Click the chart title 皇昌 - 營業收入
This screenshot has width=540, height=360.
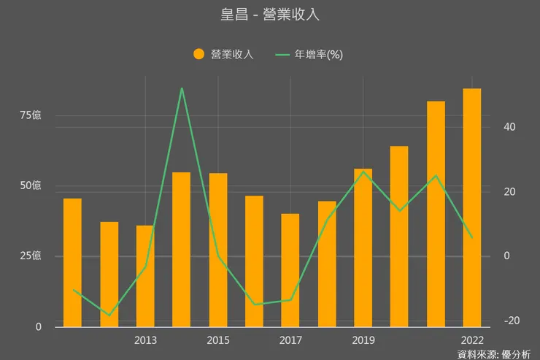coord(270,15)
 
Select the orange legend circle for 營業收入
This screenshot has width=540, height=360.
coord(198,54)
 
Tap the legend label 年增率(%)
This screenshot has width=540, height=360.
coord(318,54)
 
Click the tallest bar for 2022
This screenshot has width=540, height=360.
coord(472,208)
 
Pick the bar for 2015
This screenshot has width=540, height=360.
coord(218,250)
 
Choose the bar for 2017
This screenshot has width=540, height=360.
coord(290,270)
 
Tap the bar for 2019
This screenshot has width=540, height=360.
coord(363,248)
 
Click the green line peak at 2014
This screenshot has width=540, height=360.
coord(182,88)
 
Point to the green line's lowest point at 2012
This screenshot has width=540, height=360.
coord(109,315)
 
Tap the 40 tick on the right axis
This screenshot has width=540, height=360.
coord(509,127)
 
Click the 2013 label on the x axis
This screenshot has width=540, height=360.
coord(145,340)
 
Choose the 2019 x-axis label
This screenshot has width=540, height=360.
coord(363,340)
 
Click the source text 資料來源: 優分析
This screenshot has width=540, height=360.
coord(494,354)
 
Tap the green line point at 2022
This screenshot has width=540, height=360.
coord(472,237)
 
